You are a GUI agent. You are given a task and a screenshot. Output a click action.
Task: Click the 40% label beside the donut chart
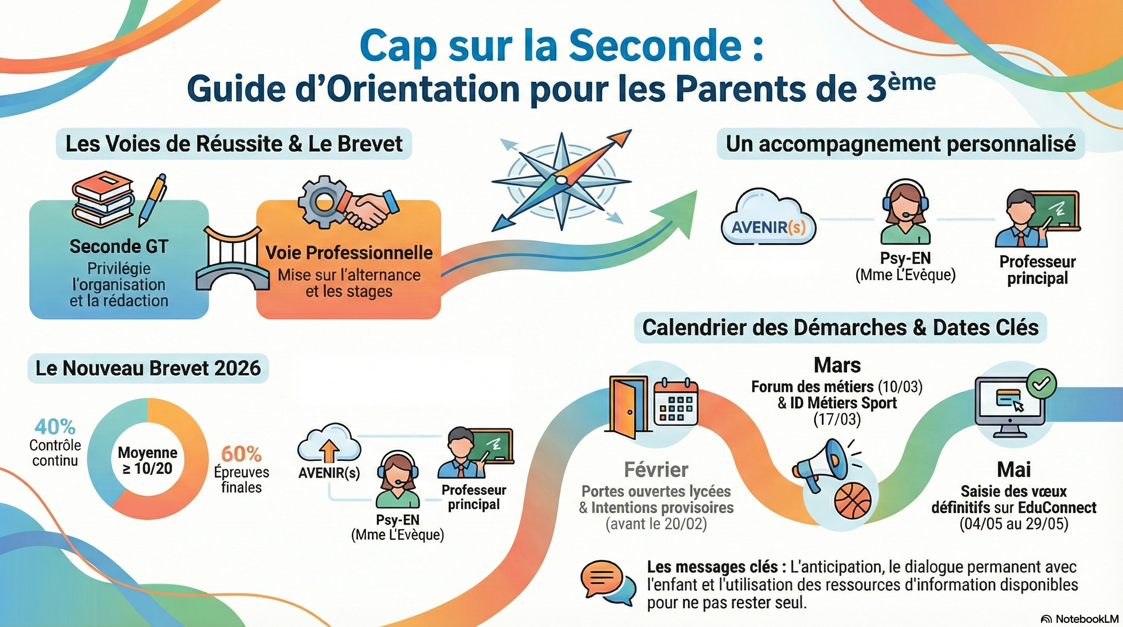pyautogui.click(x=55, y=427)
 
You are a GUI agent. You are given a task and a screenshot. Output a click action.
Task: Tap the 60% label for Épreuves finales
pyautogui.click(x=241, y=454)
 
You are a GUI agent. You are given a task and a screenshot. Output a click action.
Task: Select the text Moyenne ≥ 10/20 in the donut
pyautogui.click(x=147, y=460)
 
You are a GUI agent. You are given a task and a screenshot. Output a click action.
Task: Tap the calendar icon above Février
pyautogui.click(x=676, y=402)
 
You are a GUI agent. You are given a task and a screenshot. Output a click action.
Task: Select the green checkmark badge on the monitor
pyautogui.click(x=1041, y=383)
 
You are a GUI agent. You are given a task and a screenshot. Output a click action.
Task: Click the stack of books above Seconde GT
pyautogui.click(x=102, y=199)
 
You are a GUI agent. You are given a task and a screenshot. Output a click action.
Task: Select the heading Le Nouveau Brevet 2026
pyautogui.click(x=148, y=368)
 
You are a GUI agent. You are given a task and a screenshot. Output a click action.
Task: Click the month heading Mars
pyautogui.click(x=837, y=365)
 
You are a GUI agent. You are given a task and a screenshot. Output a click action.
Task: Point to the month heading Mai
pyautogui.click(x=1014, y=469)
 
